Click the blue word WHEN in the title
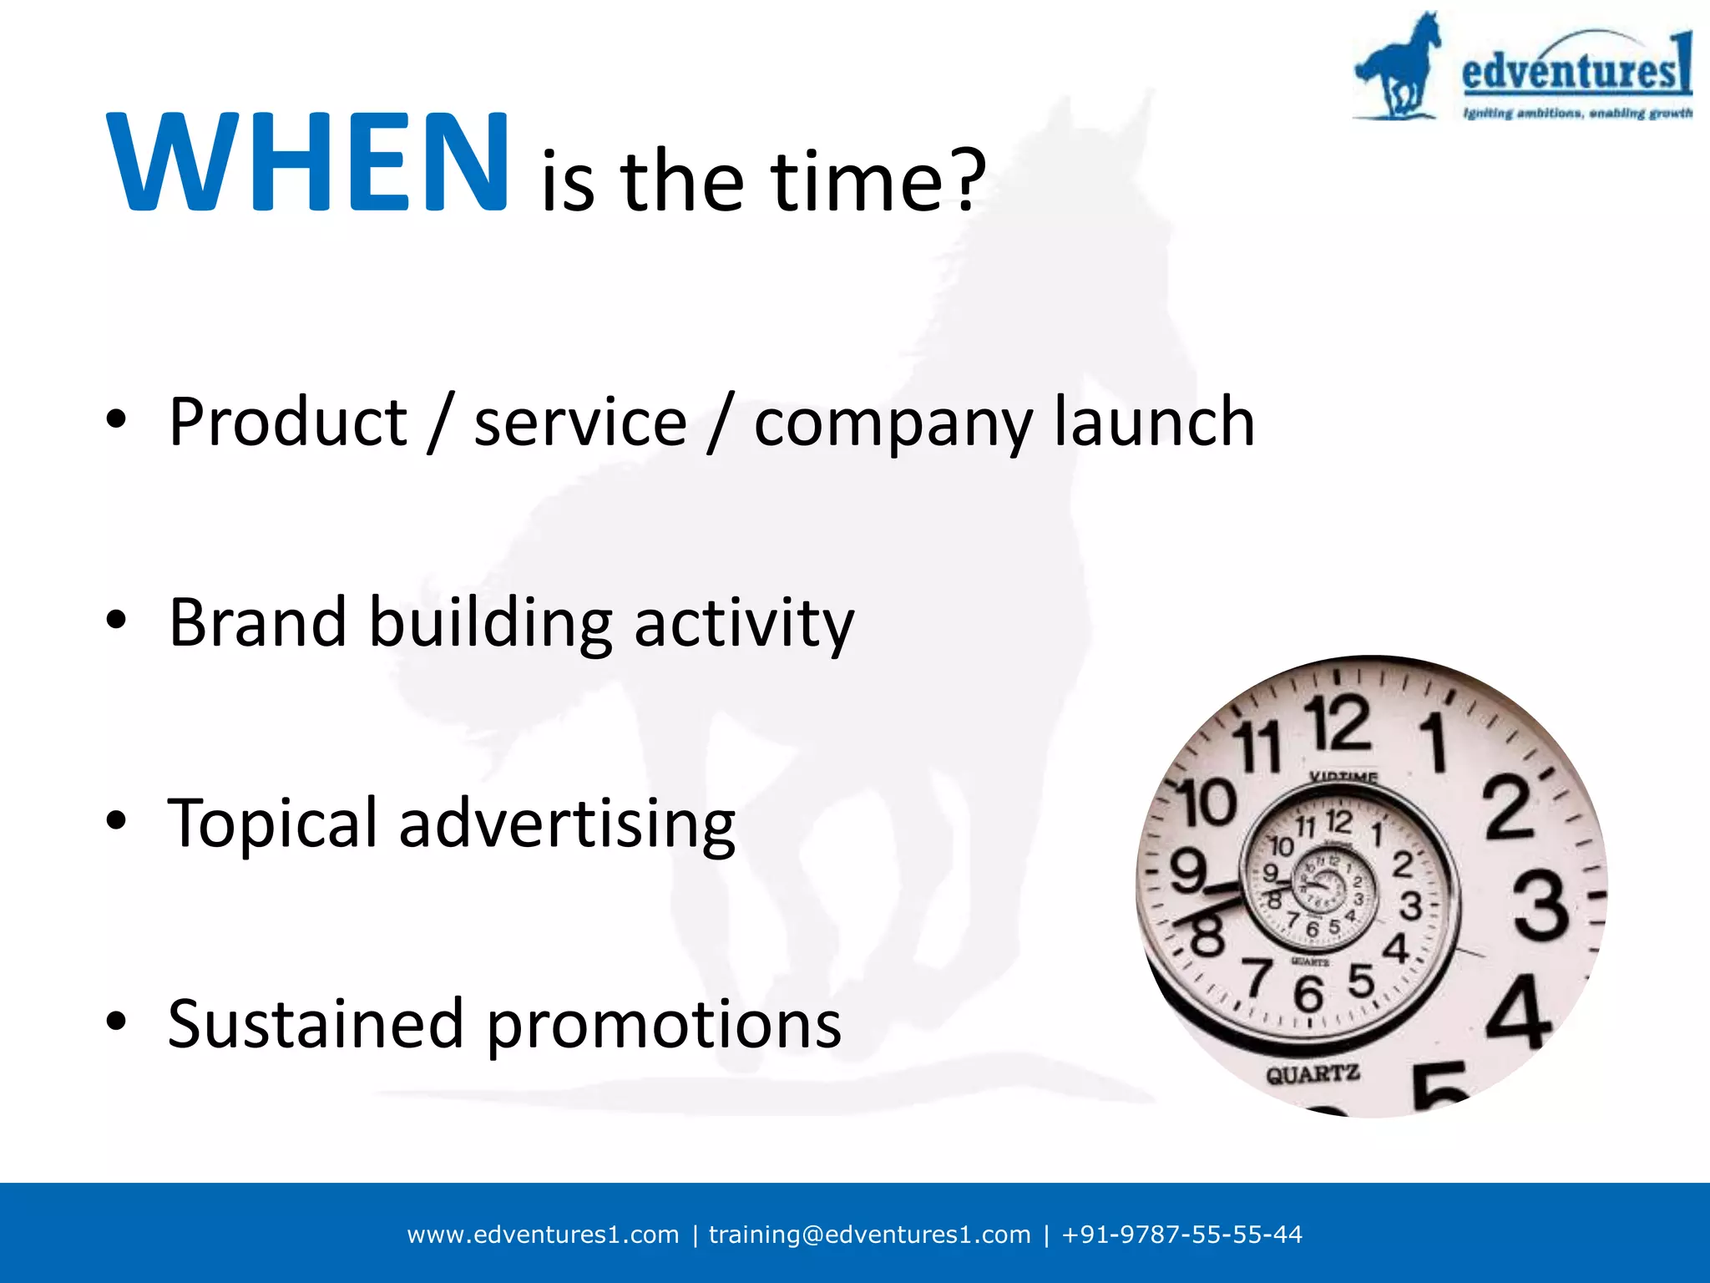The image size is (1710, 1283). [x=307, y=163]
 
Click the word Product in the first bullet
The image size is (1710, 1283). [x=287, y=422]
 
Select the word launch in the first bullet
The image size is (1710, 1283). [x=1154, y=422]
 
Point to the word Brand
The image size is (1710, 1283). [x=257, y=622]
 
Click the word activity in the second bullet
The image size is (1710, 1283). [x=744, y=625]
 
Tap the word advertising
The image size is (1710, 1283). [x=567, y=825]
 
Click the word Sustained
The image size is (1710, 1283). [x=316, y=1024]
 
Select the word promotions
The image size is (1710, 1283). [x=664, y=1026]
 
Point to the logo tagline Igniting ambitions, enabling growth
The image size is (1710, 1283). [x=1577, y=113]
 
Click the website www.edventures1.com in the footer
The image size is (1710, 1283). [x=543, y=1235]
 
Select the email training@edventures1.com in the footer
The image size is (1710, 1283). [x=869, y=1235]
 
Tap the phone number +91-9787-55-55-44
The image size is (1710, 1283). [x=1181, y=1235]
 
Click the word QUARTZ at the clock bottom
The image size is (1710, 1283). [x=1313, y=1074]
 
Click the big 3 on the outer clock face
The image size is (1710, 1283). [x=1541, y=905]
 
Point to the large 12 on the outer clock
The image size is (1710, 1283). [x=1339, y=723]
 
